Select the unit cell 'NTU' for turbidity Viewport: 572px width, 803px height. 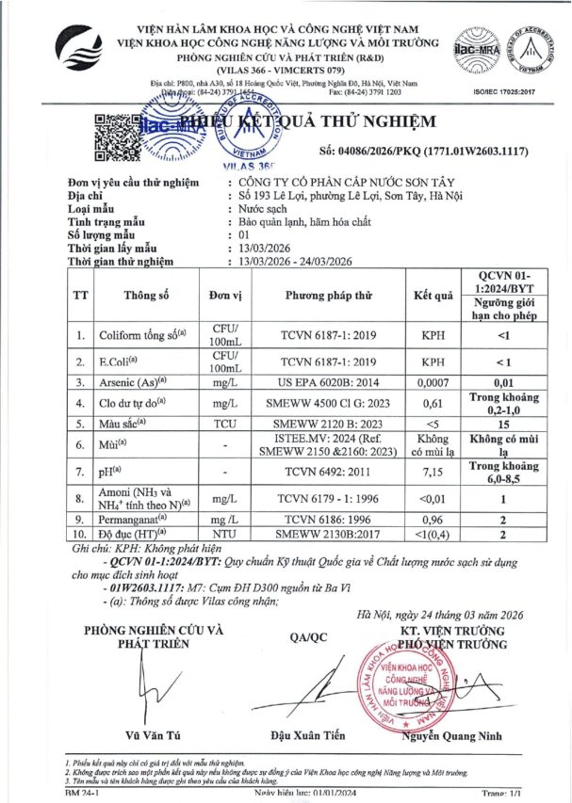(224, 535)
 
